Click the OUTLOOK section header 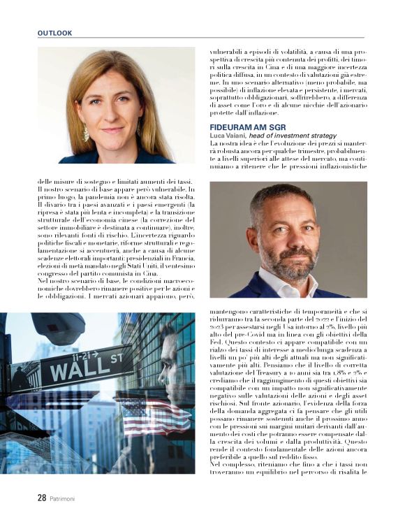coord(54,33)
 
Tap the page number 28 coord(42,498)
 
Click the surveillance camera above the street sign coord(60,327)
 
